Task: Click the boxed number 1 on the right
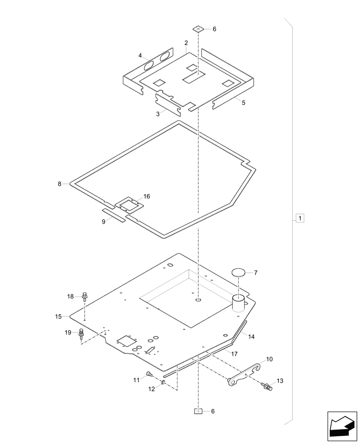point(300,218)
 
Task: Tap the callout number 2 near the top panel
point(186,43)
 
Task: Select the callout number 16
point(146,196)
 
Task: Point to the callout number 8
point(60,183)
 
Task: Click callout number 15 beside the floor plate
point(59,316)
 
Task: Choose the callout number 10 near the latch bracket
point(270,359)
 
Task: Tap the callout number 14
point(251,337)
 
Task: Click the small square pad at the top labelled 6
point(198,29)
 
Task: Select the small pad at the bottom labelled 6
point(198,411)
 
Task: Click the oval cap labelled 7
point(239,272)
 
